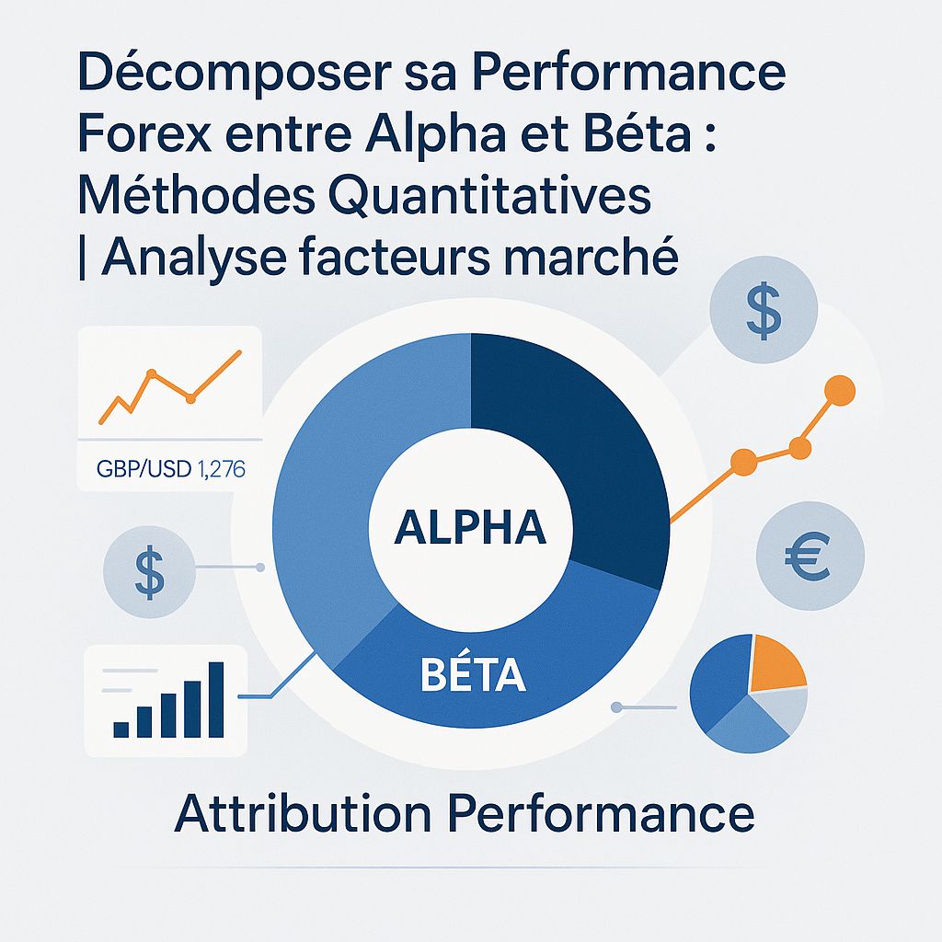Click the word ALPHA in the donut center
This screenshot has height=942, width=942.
470,531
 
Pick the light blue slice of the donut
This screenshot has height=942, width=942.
340,478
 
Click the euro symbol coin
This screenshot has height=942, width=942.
810,555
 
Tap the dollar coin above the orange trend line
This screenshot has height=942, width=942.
764,312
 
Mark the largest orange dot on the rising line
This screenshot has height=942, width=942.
839,391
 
